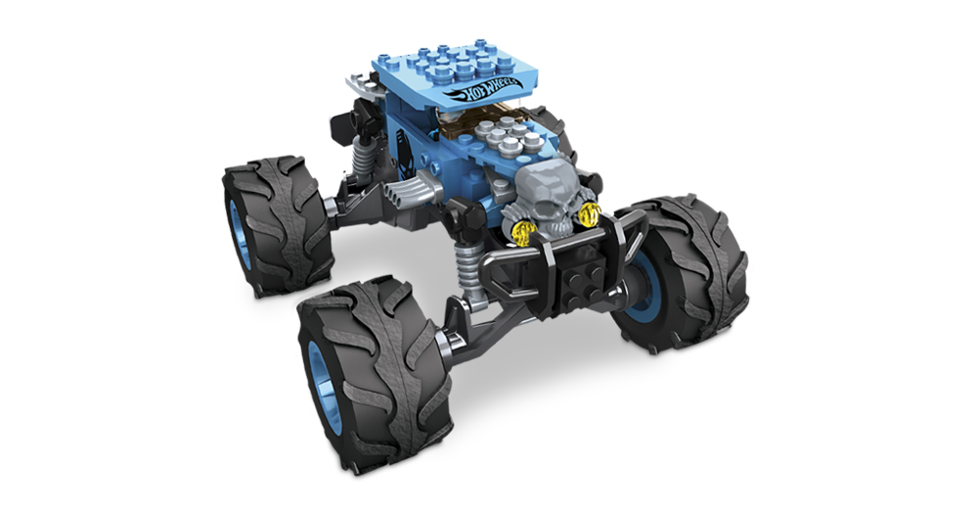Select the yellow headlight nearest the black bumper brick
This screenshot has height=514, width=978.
[588, 214]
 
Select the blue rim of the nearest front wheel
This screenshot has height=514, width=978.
[325, 388]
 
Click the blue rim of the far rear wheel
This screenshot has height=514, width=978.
[239, 232]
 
